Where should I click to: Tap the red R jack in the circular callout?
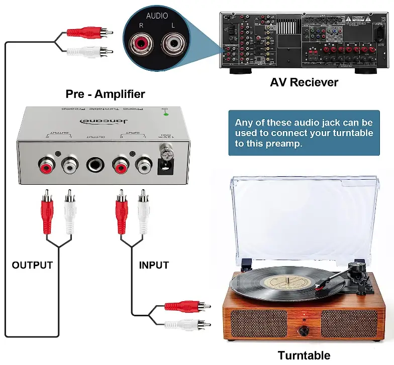click(142, 43)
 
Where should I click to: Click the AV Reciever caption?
click(304, 82)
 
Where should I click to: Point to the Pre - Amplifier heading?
click(105, 94)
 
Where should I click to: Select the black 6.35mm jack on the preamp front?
click(94, 166)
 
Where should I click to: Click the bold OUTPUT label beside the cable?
click(32, 265)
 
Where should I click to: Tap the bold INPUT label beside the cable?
click(154, 265)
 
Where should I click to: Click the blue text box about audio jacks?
click(304, 133)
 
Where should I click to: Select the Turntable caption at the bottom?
click(304, 355)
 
